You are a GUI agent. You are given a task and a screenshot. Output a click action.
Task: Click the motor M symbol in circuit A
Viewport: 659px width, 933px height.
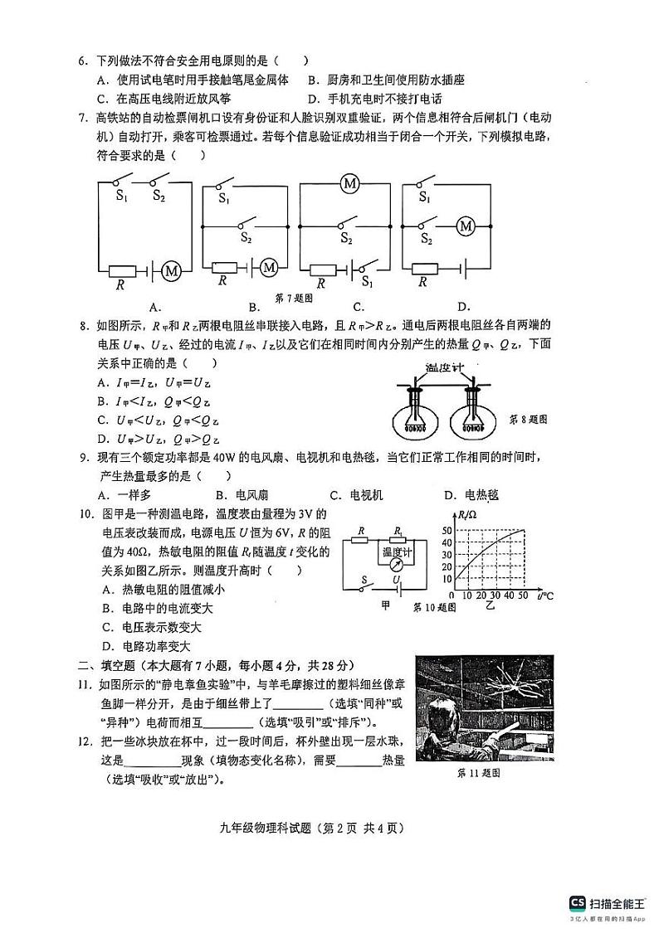point(172,270)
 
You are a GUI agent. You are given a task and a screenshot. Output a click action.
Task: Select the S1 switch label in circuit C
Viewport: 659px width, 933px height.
point(368,283)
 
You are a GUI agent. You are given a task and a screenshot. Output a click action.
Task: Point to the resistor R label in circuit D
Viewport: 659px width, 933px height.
point(422,282)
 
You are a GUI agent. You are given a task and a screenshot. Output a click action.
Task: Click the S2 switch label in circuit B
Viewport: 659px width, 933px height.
point(247,238)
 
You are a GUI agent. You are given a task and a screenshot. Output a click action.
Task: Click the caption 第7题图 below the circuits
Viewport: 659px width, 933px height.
point(294,298)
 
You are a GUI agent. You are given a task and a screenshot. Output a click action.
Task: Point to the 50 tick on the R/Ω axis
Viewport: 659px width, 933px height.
point(447,530)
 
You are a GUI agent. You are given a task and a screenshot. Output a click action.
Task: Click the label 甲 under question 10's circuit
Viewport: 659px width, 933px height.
point(385,606)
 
